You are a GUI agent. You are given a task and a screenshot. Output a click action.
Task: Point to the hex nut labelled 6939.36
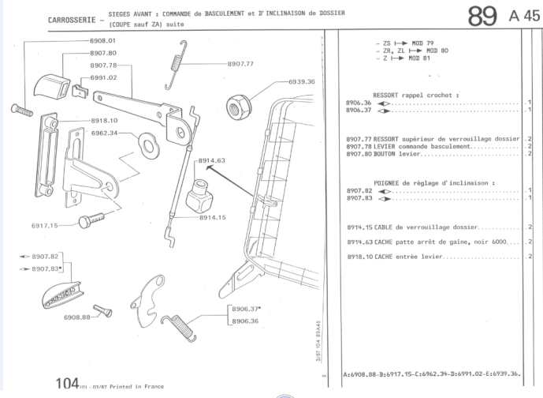[238, 103]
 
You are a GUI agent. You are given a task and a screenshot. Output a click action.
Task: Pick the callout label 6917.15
[45, 226]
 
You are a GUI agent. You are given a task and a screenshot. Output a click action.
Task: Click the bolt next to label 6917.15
[91, 219]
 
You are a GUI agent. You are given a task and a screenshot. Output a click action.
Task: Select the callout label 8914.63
[212, 160]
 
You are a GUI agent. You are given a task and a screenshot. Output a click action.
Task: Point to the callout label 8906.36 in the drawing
[244, 321]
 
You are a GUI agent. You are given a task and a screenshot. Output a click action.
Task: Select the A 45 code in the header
[526, 17]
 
